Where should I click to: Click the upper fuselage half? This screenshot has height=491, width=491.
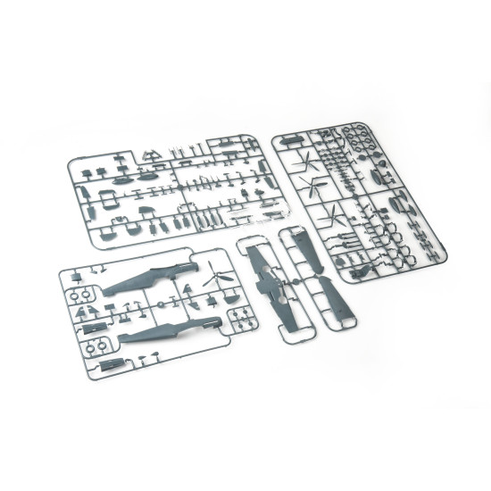tap(147, 278)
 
